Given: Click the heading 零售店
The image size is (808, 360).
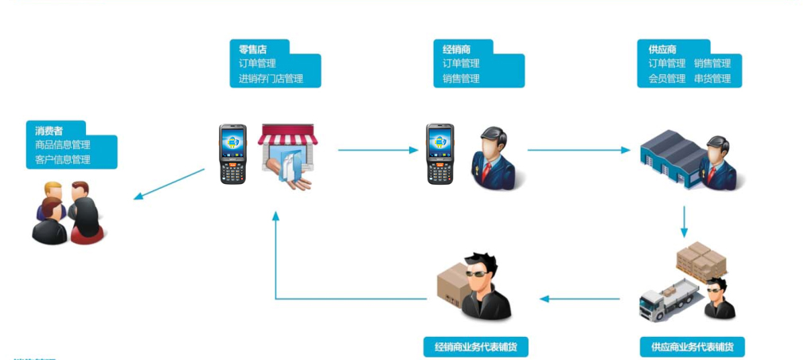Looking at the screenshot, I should point(253,49).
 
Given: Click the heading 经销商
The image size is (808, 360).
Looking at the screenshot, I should point(456,49).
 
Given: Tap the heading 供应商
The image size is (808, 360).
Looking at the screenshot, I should point(662,49).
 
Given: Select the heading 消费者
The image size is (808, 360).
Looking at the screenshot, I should point(49,130).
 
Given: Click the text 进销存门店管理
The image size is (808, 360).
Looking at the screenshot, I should point(271,79).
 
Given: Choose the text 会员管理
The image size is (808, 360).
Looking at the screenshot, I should point(666,79).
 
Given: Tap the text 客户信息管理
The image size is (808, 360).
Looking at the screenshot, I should point(62,159).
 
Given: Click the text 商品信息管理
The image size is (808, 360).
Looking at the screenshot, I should point(62,145).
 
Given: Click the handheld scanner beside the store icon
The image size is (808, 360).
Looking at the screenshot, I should point(233,154).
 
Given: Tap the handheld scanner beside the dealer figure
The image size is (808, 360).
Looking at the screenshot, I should point(439,154).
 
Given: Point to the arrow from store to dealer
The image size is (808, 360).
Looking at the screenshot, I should point(378,150).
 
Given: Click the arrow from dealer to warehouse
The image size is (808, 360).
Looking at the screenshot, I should point(580,150).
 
